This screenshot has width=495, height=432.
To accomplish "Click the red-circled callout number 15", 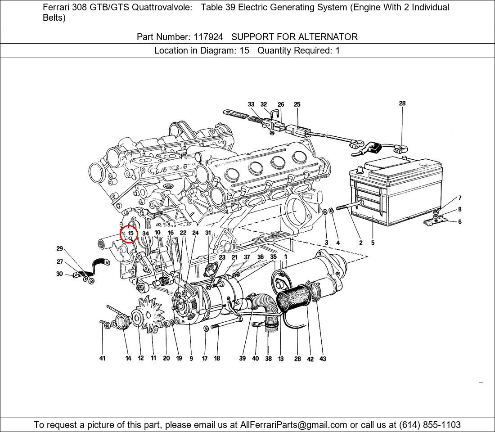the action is pyautogui.click(x=130, y=234).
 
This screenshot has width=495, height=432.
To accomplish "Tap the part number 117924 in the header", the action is pyautogui.click(x=208, y=37).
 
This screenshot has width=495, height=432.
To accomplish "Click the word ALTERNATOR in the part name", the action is pyautogui.click(x=328, y=37).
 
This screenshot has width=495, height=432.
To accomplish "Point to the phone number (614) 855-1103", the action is pyautogui.click(x=430, y=425).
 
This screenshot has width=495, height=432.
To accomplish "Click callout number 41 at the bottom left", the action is pyautogui.click(x=102, y=358).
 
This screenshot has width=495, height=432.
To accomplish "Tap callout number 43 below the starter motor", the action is pyautogui.click(x=323, y=359).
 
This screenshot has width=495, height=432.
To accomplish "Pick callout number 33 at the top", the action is pyautogui.click(x=251, y=104).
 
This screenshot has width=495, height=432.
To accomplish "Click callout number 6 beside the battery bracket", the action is pyautogui.click(x=459, y=222).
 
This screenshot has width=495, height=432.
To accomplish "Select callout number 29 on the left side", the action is pyautogui.click(x=60, y=248).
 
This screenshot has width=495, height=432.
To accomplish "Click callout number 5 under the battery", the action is pyautogui.click(x=373, y=243).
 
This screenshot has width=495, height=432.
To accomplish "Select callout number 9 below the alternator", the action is pyautogui.click(x=191, y=358).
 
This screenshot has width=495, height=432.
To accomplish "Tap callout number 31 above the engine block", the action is pyautogui.click(x=208, y=233).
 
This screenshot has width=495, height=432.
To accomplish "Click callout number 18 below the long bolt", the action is pyautogui.click(x=217, y=358).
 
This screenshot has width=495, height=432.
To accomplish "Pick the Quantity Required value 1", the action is pyautogui.click(x=337, y=50).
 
